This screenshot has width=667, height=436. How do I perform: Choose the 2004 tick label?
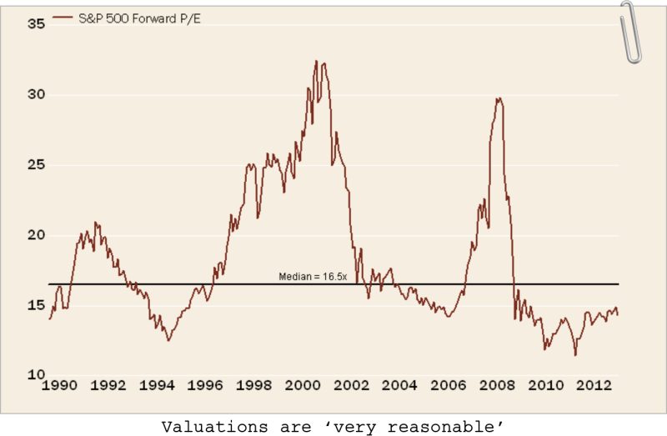tap(401, 385)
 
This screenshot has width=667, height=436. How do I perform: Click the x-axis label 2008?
tap(498, 385)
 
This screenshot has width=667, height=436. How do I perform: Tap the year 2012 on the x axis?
tap(594, 385)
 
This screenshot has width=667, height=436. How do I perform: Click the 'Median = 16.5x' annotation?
tap(312, 276)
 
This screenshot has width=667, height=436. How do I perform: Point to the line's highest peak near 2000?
tap(316, 61)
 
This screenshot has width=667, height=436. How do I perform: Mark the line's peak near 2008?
tap(498, 98)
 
